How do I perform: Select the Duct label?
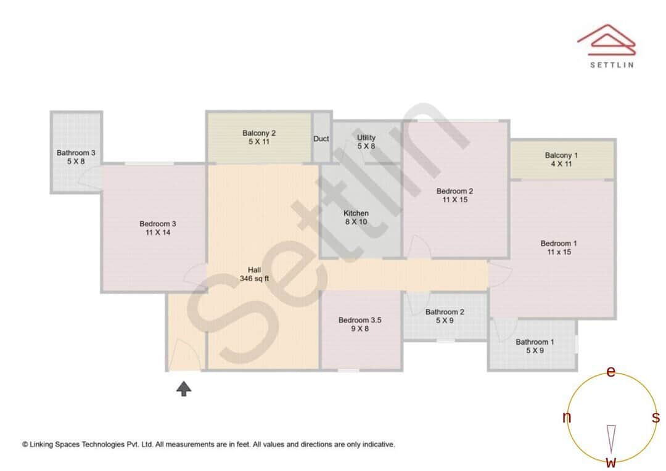click(321, 139)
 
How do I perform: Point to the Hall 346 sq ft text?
click(254, 274)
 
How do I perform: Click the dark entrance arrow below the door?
click(184, 388)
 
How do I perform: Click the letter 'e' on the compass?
click(611, 372)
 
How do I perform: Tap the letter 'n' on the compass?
click(567, 418)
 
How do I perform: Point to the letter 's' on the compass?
click(656, 417)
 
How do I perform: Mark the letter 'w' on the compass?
click(611, 462)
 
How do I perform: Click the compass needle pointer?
click(611, 438)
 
